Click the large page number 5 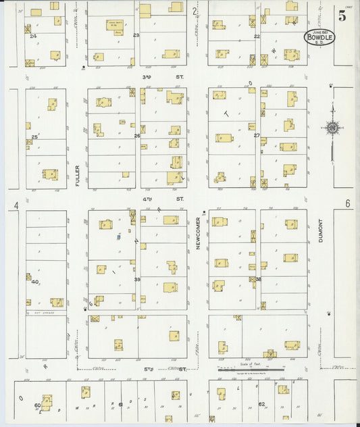point(342,17)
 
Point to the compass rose point(332,127)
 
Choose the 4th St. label point(162,199)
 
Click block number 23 point(136,35)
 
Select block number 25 point(34,137)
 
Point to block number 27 point(257,136)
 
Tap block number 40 point(34,282)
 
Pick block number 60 point(37,405)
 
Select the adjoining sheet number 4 point(14,204)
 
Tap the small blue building point(118,237)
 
